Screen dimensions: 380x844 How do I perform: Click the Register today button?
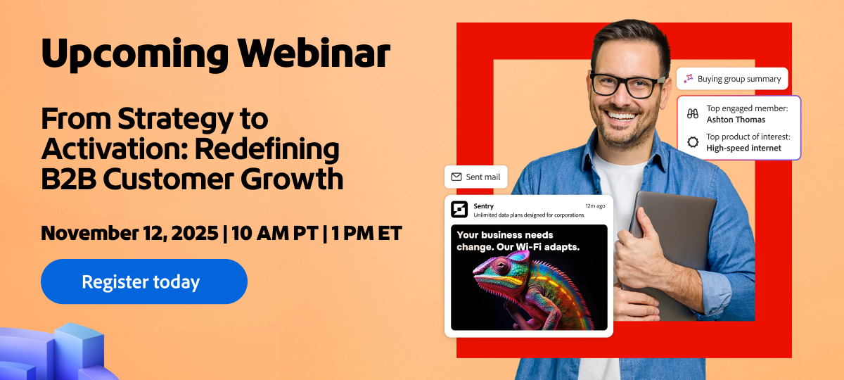point(144,281)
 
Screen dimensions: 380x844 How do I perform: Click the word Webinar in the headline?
point(313,53)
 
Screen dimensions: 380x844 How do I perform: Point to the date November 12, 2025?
point(129,234)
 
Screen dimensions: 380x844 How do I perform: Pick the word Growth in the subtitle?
point(293,180)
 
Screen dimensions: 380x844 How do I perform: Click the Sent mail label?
point(482,177)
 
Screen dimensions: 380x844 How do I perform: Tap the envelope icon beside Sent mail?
point(456,177)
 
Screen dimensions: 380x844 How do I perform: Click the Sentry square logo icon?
point(459,210)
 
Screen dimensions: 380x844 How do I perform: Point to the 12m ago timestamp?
point(595,206)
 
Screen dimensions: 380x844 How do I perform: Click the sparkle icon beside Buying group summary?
point(689,79)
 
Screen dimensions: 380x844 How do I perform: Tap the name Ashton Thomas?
point(736,120)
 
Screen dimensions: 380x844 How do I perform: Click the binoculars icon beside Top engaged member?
point(693,114)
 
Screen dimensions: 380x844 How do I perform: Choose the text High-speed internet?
point(743,148)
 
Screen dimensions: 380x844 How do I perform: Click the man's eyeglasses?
point(627,85)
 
